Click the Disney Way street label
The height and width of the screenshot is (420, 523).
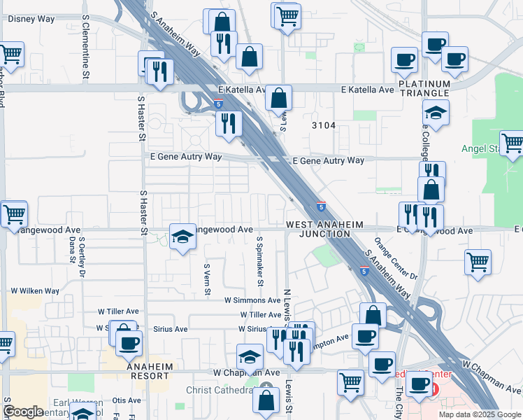tap(31, 19)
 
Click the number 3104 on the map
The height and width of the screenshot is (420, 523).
tap(324, 125)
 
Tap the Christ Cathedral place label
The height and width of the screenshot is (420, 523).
tap(218, 390)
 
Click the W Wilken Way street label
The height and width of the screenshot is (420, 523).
tap(34, 290)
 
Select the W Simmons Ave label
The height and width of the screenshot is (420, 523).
tap(252, 300)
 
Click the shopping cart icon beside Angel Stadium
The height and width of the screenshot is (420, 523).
tap(511, 143)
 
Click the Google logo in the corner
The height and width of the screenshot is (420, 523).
tap(23, 412)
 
